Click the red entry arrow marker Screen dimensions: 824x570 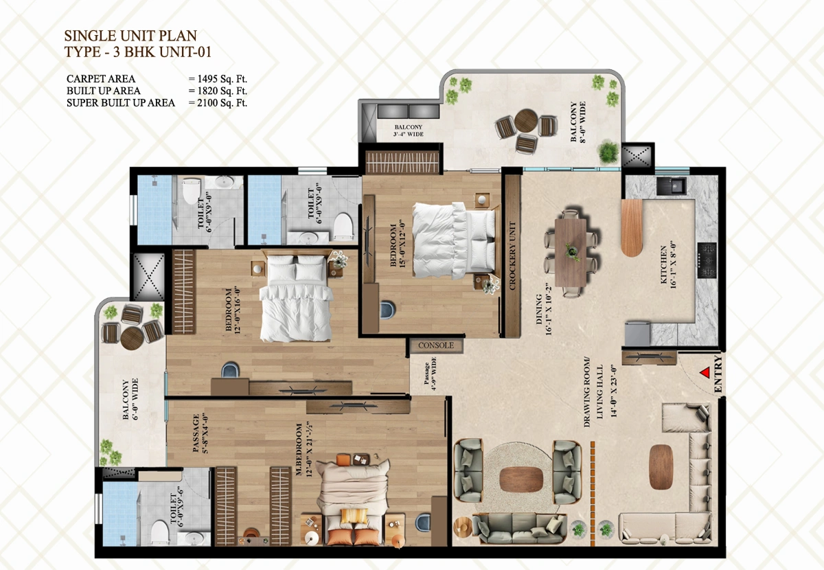point(705,372)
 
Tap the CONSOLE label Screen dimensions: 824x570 point(436,345)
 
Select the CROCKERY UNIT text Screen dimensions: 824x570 point(512,255)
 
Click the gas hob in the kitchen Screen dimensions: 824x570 point(707,260)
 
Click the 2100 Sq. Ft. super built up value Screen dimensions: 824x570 point(222,102)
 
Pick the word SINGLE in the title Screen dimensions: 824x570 point(88,36)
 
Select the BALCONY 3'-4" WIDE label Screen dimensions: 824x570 point(409,130)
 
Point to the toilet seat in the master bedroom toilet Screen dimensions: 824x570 point(160,533)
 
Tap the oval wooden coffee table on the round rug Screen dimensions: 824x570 point(522,479)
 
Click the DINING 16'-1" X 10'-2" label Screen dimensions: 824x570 point(543,310)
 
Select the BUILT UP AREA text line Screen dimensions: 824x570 point(104,91)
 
